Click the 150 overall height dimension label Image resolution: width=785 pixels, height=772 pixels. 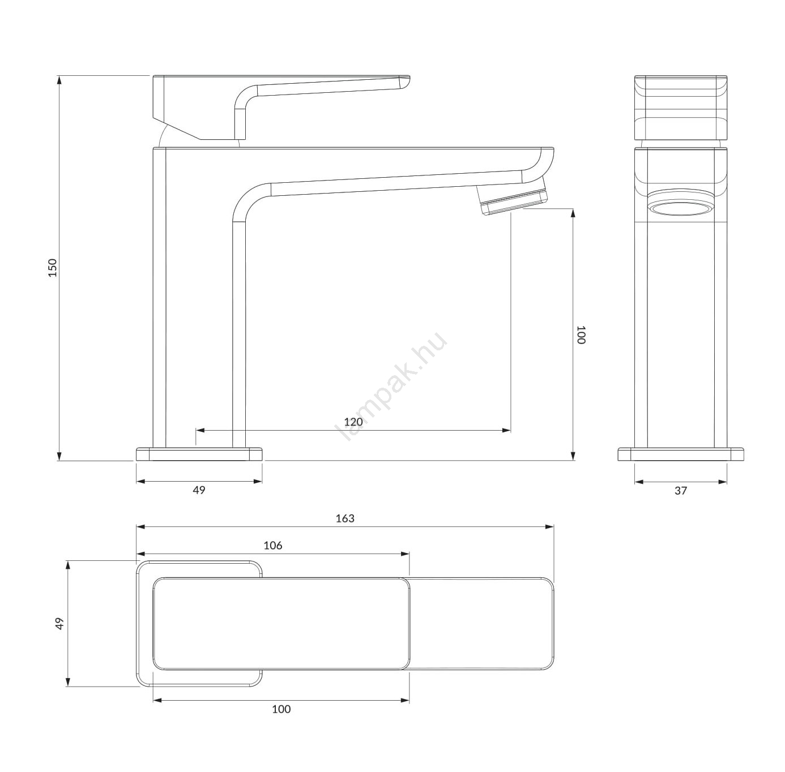coord(53,268)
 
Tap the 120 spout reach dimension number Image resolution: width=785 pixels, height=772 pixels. coord(353,422)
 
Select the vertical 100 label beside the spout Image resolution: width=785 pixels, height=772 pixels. coord(581,334)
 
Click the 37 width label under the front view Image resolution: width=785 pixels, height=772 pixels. coord(681,491)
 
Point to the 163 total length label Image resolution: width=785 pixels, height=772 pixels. coord(345,518)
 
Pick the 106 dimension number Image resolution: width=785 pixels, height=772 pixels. coord(273,545)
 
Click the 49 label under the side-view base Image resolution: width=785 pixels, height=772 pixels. coord(199,490)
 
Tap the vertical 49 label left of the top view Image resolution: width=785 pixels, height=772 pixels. coord(60,624)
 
